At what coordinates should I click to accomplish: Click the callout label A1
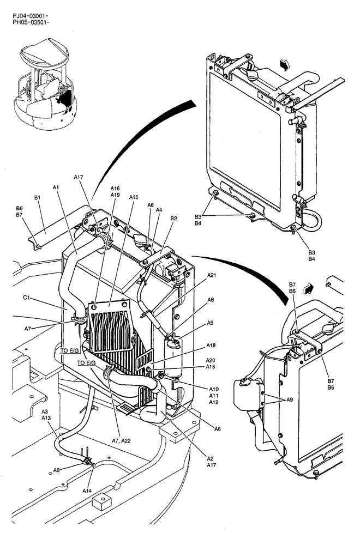click(56, 187)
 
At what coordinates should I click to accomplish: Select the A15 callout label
click(135, 197)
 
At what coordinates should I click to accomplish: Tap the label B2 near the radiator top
click(173, 219)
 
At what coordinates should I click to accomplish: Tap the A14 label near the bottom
click(87, 491)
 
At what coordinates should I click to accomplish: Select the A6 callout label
click(218, 429)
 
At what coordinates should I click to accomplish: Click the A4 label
click(159, 210)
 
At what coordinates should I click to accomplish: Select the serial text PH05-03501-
click(31, 23)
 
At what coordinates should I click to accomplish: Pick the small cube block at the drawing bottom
click(100, 501)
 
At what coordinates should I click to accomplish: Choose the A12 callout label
click(214, 401)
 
